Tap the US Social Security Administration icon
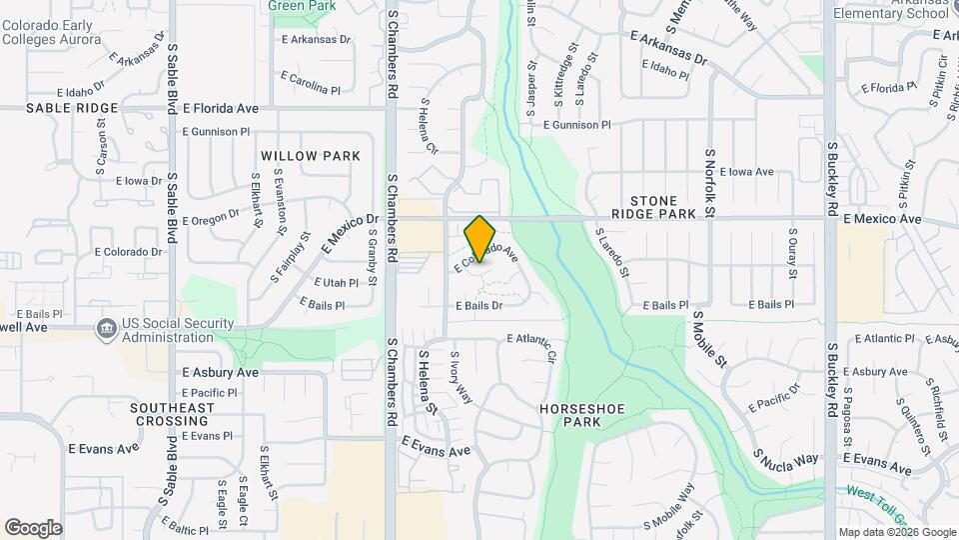click(106, 328)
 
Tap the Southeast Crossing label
click(172, 414)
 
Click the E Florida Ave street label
click(221, 107)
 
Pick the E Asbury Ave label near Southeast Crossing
click(220, 372)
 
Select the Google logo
click(33, 527)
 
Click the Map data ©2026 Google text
click(896, 532)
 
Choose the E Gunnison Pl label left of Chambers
click(216, 131)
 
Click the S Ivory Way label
click(462, 376)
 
